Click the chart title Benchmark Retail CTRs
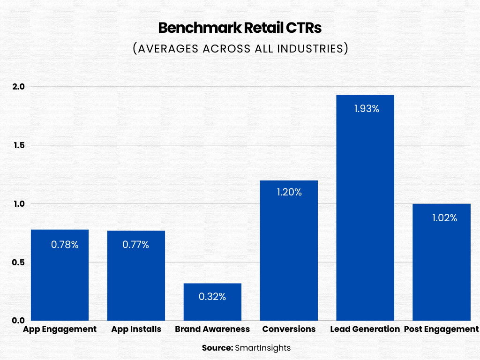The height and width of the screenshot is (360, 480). tap(240, 28)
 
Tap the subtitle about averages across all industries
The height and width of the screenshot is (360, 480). tap(240, 49)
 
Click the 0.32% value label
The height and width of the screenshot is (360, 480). tap(212, 297)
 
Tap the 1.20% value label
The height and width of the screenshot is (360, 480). tap(289, 192)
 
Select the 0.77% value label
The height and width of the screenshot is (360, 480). tap(135, 245)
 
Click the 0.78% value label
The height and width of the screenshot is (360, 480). tap(65, 245)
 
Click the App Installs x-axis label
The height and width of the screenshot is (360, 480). tap(136, 329)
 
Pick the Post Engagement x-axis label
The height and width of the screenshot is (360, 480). tap(441, 329)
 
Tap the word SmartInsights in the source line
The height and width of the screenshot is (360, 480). tap(263, 348)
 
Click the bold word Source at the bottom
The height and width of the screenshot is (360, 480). tap(217, 348)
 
